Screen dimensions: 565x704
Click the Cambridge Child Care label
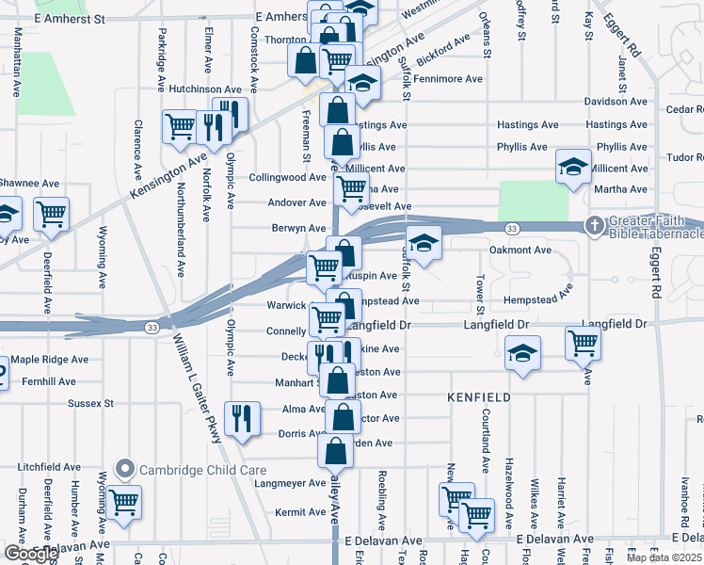pos(202,470)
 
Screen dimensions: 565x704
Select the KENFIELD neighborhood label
pos(480,397)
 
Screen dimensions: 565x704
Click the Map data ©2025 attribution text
pos(664,557)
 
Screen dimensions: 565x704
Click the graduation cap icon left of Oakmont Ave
pos(424,244)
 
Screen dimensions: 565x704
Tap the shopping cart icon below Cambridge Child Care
pos(124,503)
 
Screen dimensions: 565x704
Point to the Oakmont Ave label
pos(520,250)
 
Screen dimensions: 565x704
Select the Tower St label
pos(480,296)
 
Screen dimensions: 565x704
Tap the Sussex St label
pos(90,403)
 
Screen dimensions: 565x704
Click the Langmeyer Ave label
pos(290,483)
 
